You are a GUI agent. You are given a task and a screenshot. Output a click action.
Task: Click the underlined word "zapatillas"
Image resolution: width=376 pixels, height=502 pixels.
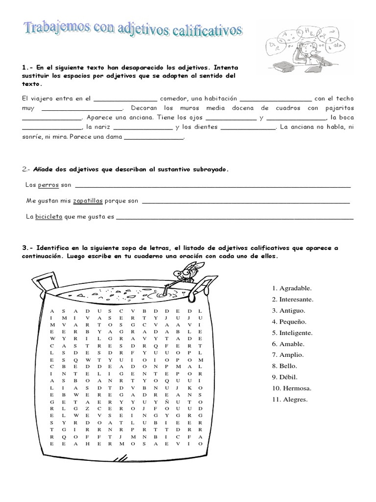click(88, 201)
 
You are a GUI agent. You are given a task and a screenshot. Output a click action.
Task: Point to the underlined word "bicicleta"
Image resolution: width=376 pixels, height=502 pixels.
click(48, 216)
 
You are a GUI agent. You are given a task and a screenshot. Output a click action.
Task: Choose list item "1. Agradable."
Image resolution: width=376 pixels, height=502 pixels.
click(291, 288)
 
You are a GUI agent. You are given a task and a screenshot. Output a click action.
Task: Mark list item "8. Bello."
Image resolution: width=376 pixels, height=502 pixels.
click(284, 366)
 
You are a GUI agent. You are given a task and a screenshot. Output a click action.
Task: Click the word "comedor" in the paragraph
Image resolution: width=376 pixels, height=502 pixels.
click(173, 98)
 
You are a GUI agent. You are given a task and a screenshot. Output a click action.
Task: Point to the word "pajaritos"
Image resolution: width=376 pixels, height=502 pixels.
click(339, 108)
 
